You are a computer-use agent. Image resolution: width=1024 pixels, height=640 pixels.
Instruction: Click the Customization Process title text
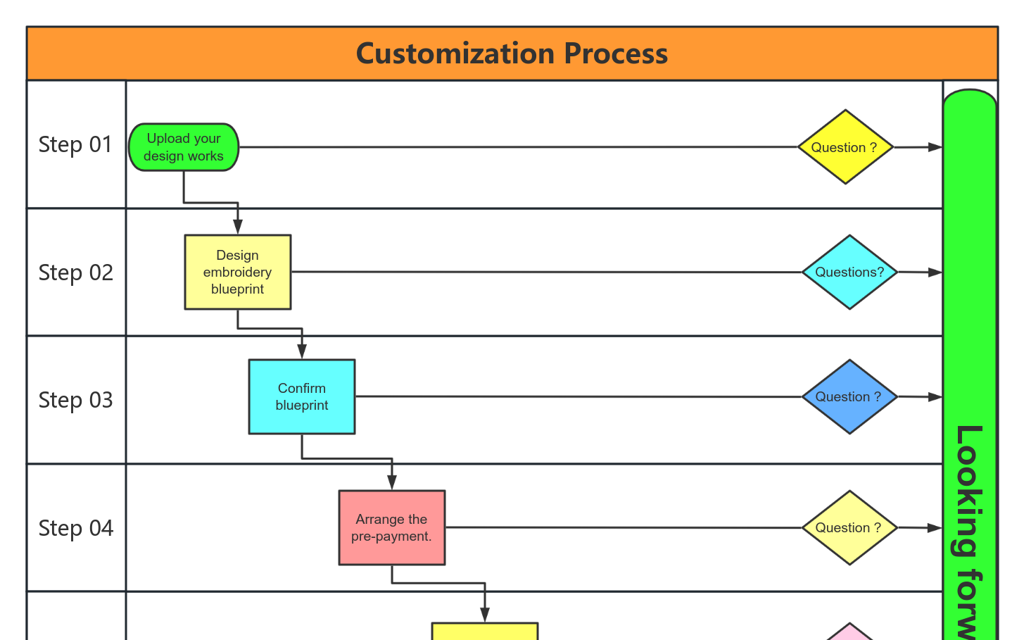512,54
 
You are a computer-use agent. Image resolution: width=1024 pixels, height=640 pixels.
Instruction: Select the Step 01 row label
75,144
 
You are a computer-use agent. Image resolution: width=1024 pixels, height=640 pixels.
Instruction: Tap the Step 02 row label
75,272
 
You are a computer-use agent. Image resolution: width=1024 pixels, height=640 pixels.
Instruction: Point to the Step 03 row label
75,400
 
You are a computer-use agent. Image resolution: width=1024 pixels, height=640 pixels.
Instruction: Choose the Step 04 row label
75,528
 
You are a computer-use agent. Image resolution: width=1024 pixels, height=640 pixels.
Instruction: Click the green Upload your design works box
184,147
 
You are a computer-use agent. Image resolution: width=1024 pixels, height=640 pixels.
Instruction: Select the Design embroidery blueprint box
238,272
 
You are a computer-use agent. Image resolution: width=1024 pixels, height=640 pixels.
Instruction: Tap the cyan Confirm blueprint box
302,396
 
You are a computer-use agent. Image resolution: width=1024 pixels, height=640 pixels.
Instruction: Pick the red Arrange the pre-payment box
392,527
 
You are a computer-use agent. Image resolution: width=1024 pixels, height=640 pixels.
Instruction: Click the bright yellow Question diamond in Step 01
845,147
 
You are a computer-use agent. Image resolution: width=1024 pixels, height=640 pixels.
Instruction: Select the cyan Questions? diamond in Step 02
849,272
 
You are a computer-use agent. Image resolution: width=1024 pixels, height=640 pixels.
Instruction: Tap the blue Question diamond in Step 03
849,396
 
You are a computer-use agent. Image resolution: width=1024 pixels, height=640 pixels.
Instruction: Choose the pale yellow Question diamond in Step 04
849,527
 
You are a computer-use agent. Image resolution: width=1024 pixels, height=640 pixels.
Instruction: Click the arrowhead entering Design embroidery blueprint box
238,227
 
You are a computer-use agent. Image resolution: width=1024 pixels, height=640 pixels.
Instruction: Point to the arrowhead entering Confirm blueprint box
302,352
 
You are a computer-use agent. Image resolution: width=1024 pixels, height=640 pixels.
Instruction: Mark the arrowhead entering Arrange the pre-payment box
392,482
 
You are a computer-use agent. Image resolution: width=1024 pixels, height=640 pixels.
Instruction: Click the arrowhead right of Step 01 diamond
935,147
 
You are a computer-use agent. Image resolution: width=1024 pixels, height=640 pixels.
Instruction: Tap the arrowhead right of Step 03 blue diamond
935,397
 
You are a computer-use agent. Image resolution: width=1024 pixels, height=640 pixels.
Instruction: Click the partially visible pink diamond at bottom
849,633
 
